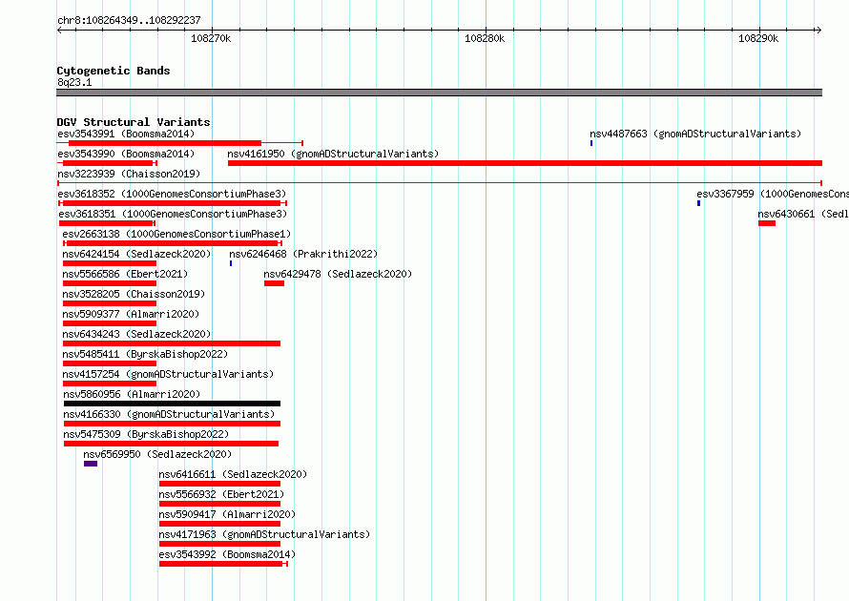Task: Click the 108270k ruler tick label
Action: [211, 38]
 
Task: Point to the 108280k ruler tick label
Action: [485, 38]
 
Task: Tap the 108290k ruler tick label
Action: [758, 38]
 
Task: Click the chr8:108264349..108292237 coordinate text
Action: [129, 21]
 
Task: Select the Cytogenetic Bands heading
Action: [114, 71]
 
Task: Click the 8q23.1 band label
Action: [74, 82]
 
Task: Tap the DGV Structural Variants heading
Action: [134, 122]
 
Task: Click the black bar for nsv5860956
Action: [172, 404]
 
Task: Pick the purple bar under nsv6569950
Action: [91, 464]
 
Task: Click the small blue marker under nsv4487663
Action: [591, 143]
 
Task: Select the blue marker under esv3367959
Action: [698, 203]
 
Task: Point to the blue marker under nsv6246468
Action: [231, 263]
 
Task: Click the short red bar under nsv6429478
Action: [274, 283]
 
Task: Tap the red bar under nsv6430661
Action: [767, 223]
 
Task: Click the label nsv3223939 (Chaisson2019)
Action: [129, 174]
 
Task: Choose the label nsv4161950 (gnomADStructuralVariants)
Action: [333, 154]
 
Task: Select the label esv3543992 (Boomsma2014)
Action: [227, 554]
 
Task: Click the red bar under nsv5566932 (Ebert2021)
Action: [219, 504]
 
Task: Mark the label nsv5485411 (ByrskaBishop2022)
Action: [145, 354]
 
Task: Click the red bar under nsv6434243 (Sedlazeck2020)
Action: [172, 343]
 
